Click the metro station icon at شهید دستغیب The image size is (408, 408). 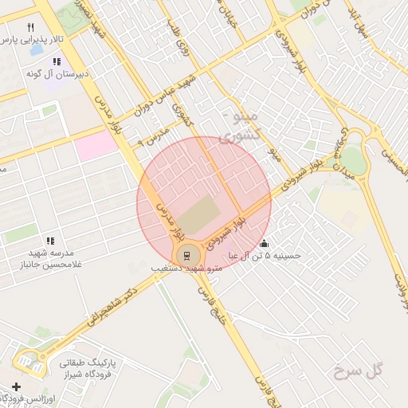pos(187,255)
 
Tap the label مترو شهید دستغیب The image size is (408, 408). pos(186,269)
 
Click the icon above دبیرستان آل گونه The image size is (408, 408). pos(56,61)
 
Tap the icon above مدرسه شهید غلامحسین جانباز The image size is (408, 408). pos(49,241)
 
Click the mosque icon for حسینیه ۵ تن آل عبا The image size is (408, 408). pos(265,244)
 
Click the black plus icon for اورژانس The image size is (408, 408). pos(17,386)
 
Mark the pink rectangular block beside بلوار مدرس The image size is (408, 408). pos(96,146)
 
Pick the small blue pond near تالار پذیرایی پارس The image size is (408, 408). pos(36,49)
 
